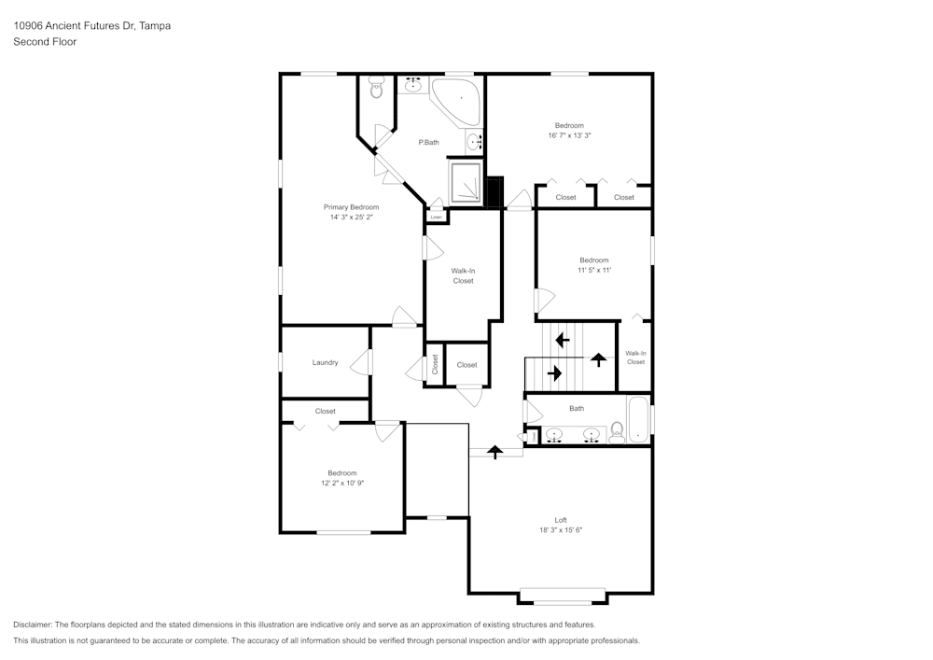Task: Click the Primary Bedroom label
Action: tap(351, 207)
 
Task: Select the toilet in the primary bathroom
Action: tap(376, 90)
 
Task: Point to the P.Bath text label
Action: tap(428, 142)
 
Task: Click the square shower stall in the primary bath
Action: tap(466, 183)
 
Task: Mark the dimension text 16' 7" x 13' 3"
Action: tap(569, 135)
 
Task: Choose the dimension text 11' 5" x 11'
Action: tap(593, 270)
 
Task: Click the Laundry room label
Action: tap(325, 362)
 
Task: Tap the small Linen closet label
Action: tap(436, 217)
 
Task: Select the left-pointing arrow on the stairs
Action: tap(563, 340)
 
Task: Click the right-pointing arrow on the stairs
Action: tap(554, 373)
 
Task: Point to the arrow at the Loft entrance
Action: tap(494, 451)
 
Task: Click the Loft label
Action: tap(560, 520)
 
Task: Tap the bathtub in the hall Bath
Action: tap(638, 420)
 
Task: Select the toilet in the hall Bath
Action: tap(617, 430)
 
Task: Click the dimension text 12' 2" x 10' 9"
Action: tap(341, 483)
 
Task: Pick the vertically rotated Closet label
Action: tap(435, 364)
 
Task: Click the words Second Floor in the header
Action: tap(45, 42)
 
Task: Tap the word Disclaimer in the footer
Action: tap(33, 625)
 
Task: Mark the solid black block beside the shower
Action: tap(494, 190)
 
